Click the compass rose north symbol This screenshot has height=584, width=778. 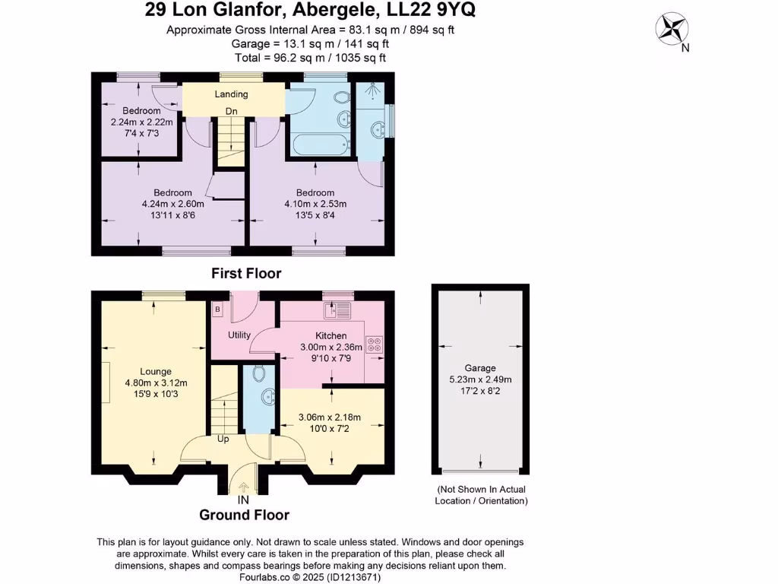pos(672,30)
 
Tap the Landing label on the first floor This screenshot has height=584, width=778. pos(231,94)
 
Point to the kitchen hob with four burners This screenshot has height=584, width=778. pos(374,344)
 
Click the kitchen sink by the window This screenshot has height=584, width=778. pos(337,310)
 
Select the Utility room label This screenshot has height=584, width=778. pos(239,335)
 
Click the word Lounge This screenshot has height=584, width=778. pos(156,371)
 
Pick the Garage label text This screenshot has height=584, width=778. pos(480,368)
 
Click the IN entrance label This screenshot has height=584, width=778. pos(243,500)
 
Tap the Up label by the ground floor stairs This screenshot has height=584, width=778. pos(223,440)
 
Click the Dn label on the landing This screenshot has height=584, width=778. pos(231,111)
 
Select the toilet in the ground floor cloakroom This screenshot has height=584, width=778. pos(258,373)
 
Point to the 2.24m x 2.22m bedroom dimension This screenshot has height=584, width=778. pos(142,122)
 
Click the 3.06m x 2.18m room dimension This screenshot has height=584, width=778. pos(330,417)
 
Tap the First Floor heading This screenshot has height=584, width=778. pos(246,273)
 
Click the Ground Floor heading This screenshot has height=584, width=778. pos(244,515)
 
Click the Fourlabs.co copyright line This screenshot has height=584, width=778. pos(310,577)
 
